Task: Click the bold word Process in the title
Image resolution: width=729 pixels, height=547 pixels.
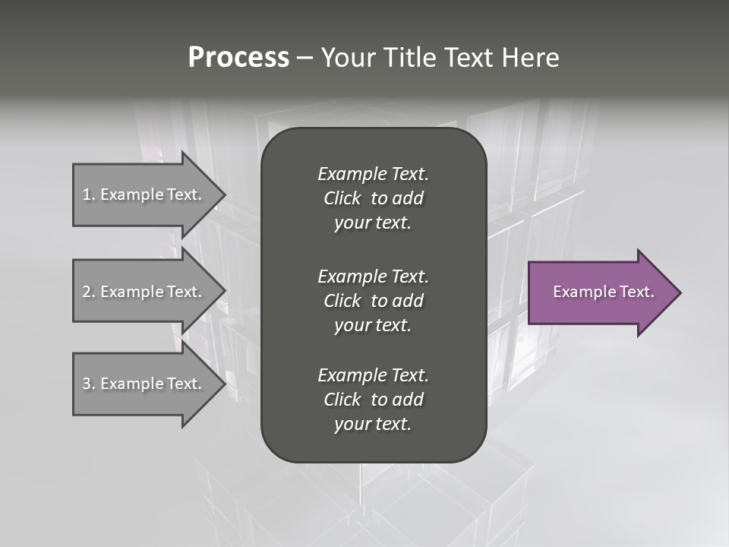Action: point(238,58)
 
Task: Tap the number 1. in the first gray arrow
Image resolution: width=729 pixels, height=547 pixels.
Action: point(88,194)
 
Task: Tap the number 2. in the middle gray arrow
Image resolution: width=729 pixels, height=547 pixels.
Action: point(88,292)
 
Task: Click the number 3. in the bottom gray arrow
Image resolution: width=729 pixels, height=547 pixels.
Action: point(88,384)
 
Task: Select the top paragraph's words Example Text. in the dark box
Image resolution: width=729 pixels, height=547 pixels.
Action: point(373,174)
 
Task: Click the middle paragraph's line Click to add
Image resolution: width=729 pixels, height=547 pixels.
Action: point(373,301)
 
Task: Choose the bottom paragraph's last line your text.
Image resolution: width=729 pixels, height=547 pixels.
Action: point(373,425)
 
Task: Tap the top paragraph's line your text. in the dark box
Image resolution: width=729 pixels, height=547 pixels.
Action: point(373,223)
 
